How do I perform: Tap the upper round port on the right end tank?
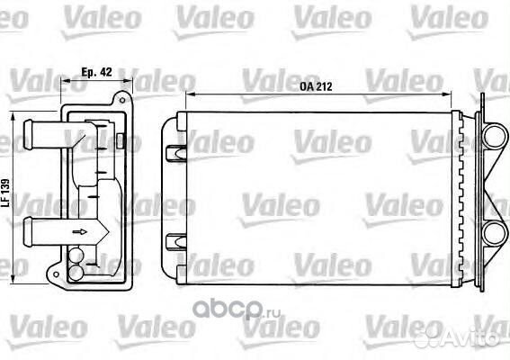[x=493, y=142]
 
